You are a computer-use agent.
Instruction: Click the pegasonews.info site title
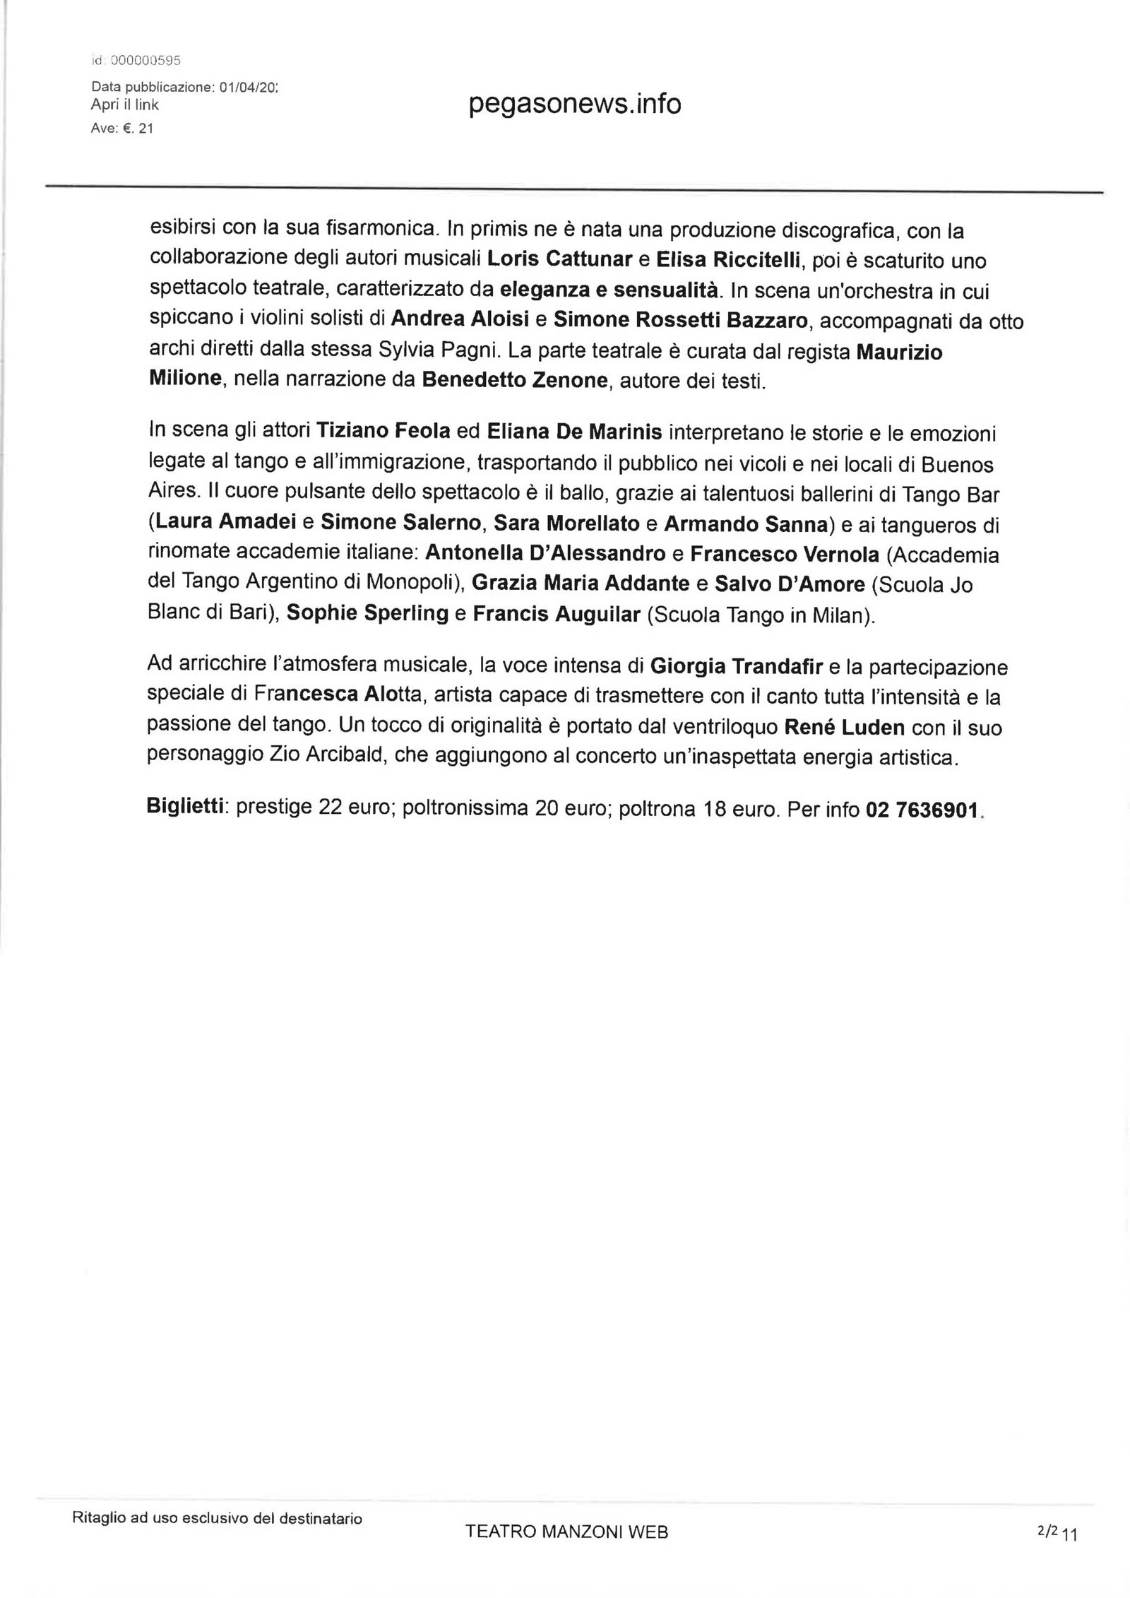pyautogui.click(x=574, y=105)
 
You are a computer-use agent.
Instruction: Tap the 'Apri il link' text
pyautogui.click(x=125, y=105)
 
